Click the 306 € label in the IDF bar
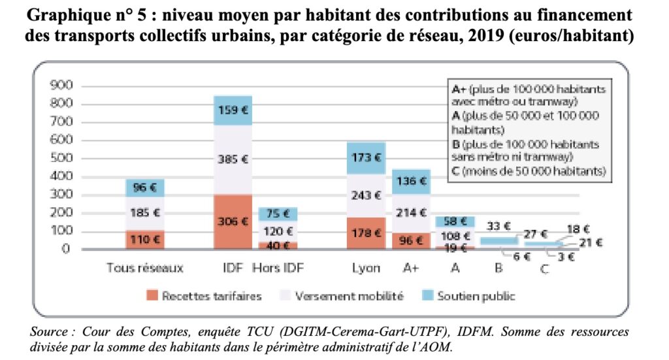point(233,221)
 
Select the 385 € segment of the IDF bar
point(233,159)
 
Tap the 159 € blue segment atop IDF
point(233,110)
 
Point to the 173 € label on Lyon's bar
point(367,157)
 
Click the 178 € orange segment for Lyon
point(367,233)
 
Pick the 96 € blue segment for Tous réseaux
point(145,188)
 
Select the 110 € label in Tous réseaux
point(145,240)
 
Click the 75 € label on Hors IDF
point(278,213)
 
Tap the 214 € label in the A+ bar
point(412,212)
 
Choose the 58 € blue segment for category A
point(455,221)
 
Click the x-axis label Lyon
point(365,267)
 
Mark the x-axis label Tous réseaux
point(144,267)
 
